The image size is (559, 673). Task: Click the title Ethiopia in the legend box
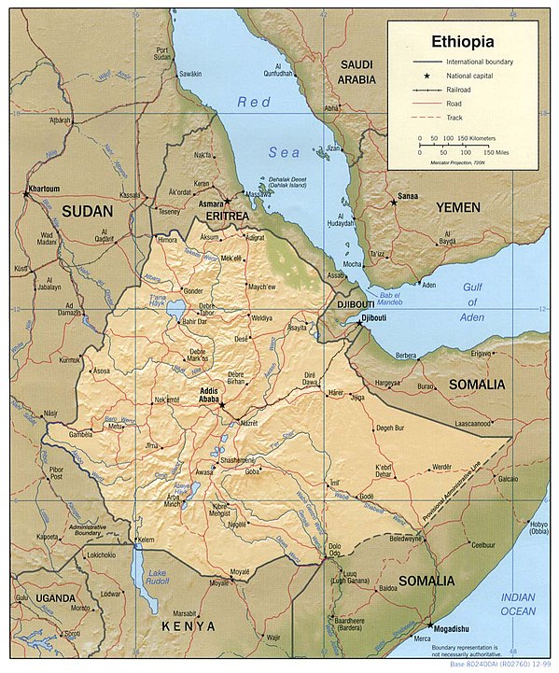point(462,42)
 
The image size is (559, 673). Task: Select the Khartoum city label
point(43,189)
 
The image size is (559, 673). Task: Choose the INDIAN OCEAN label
point(518,604)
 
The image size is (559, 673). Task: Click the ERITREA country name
point(227,216)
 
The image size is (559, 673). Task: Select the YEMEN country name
point(457,206)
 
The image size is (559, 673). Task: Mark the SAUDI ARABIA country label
point(356,72)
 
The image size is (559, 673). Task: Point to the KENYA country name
point(188,625)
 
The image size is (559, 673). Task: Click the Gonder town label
point(193,290)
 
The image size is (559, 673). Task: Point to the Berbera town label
point(406,356)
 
